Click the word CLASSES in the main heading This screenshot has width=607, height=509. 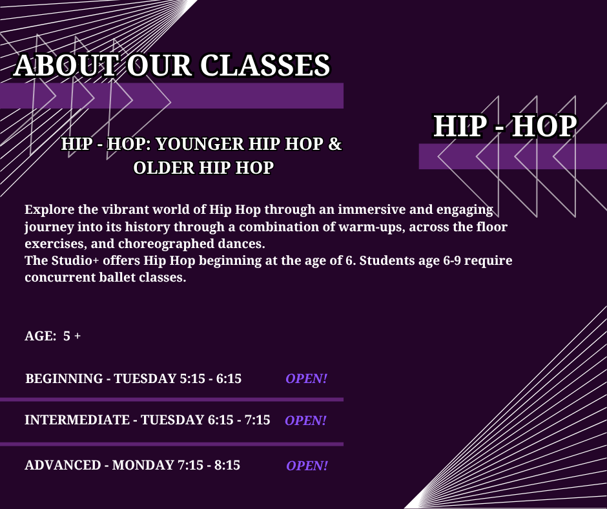(x=265, y=65)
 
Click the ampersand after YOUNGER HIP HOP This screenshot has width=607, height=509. (x=335, y=144)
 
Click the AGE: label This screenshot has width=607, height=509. (x=41, y=336)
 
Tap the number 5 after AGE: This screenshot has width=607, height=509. (x=67, y=336)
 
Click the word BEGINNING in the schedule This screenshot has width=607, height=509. (x=65, y=379)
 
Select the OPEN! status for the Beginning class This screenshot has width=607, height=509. (x=307, y=379)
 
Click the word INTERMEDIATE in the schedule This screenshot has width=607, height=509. (x=77, y=420)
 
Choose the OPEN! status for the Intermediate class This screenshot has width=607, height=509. (x=306, y=421)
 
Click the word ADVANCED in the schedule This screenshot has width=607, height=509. (x=63, y=465)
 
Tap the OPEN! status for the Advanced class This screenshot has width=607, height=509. (x=307, y=465)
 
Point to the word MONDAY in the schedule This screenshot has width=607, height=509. (x=143, y=465)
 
